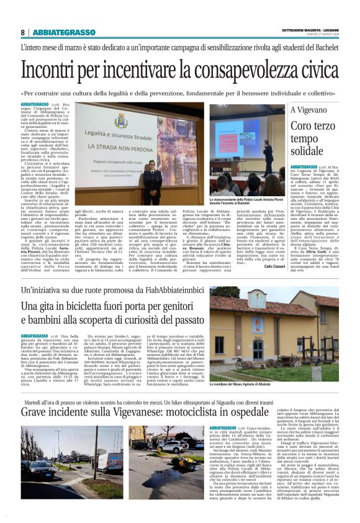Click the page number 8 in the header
(x=22, y=32)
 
